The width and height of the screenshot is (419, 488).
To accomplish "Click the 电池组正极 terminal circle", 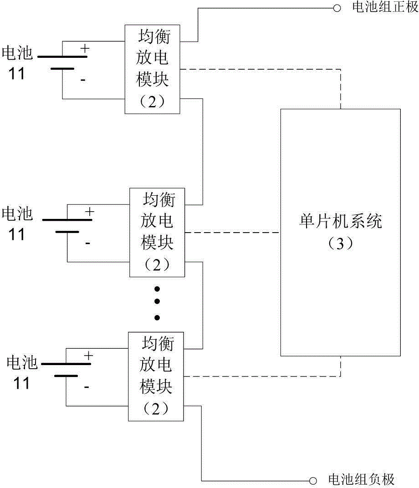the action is (x=337, y=8).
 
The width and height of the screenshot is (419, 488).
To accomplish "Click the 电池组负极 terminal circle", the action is (x=313, y=481).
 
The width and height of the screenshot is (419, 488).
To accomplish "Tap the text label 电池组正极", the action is (x=385, y=7).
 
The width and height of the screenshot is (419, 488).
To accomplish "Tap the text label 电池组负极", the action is (x=362, y=480).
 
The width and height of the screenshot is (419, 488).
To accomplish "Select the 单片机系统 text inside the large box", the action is (x=341, y=221).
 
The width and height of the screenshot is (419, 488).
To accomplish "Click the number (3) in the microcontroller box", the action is (x=341, y=244).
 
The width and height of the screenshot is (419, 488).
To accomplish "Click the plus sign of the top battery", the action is (x=85, y=49).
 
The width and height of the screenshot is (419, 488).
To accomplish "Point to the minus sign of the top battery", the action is (x=83, y=80).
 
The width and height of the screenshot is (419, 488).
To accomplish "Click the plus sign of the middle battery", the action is (x=90, y=212).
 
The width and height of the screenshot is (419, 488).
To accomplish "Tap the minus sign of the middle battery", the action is (x=87, y=243).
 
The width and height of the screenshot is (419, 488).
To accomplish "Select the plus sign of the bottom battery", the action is (x=88, y=356).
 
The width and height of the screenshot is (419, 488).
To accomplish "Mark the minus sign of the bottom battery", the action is (x=86, y=387).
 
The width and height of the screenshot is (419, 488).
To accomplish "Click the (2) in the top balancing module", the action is (x=152, y=102).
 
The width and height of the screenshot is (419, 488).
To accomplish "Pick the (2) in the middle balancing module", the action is (x=157, y=265).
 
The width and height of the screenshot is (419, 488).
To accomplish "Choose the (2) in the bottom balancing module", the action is (x=156, y=409).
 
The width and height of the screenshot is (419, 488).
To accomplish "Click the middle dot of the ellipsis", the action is (x=157, y=301).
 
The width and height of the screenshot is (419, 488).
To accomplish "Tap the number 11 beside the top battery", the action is (x=16, y=74).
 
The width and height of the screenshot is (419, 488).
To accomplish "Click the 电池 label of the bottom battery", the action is (x=22, y=362).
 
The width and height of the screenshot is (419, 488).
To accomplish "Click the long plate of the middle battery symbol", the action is (x=67, y=220).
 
